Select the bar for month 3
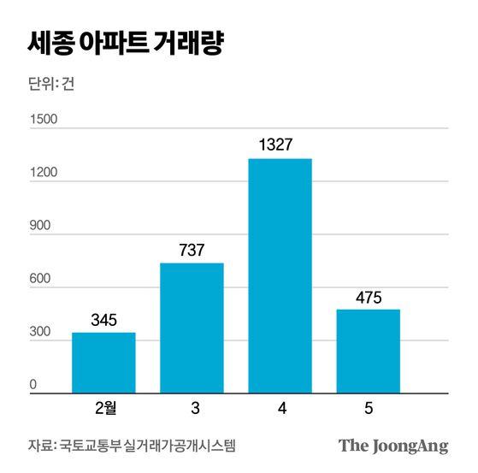click(x=192, y=328)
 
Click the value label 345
click(x=103, y=321)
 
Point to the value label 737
click(x=192, y=251)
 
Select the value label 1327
click(x=280, y=145)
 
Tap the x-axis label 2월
click(x=103, y=409)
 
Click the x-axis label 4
click(x=280, y=409)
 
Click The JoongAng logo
click(x=393, y=446)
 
